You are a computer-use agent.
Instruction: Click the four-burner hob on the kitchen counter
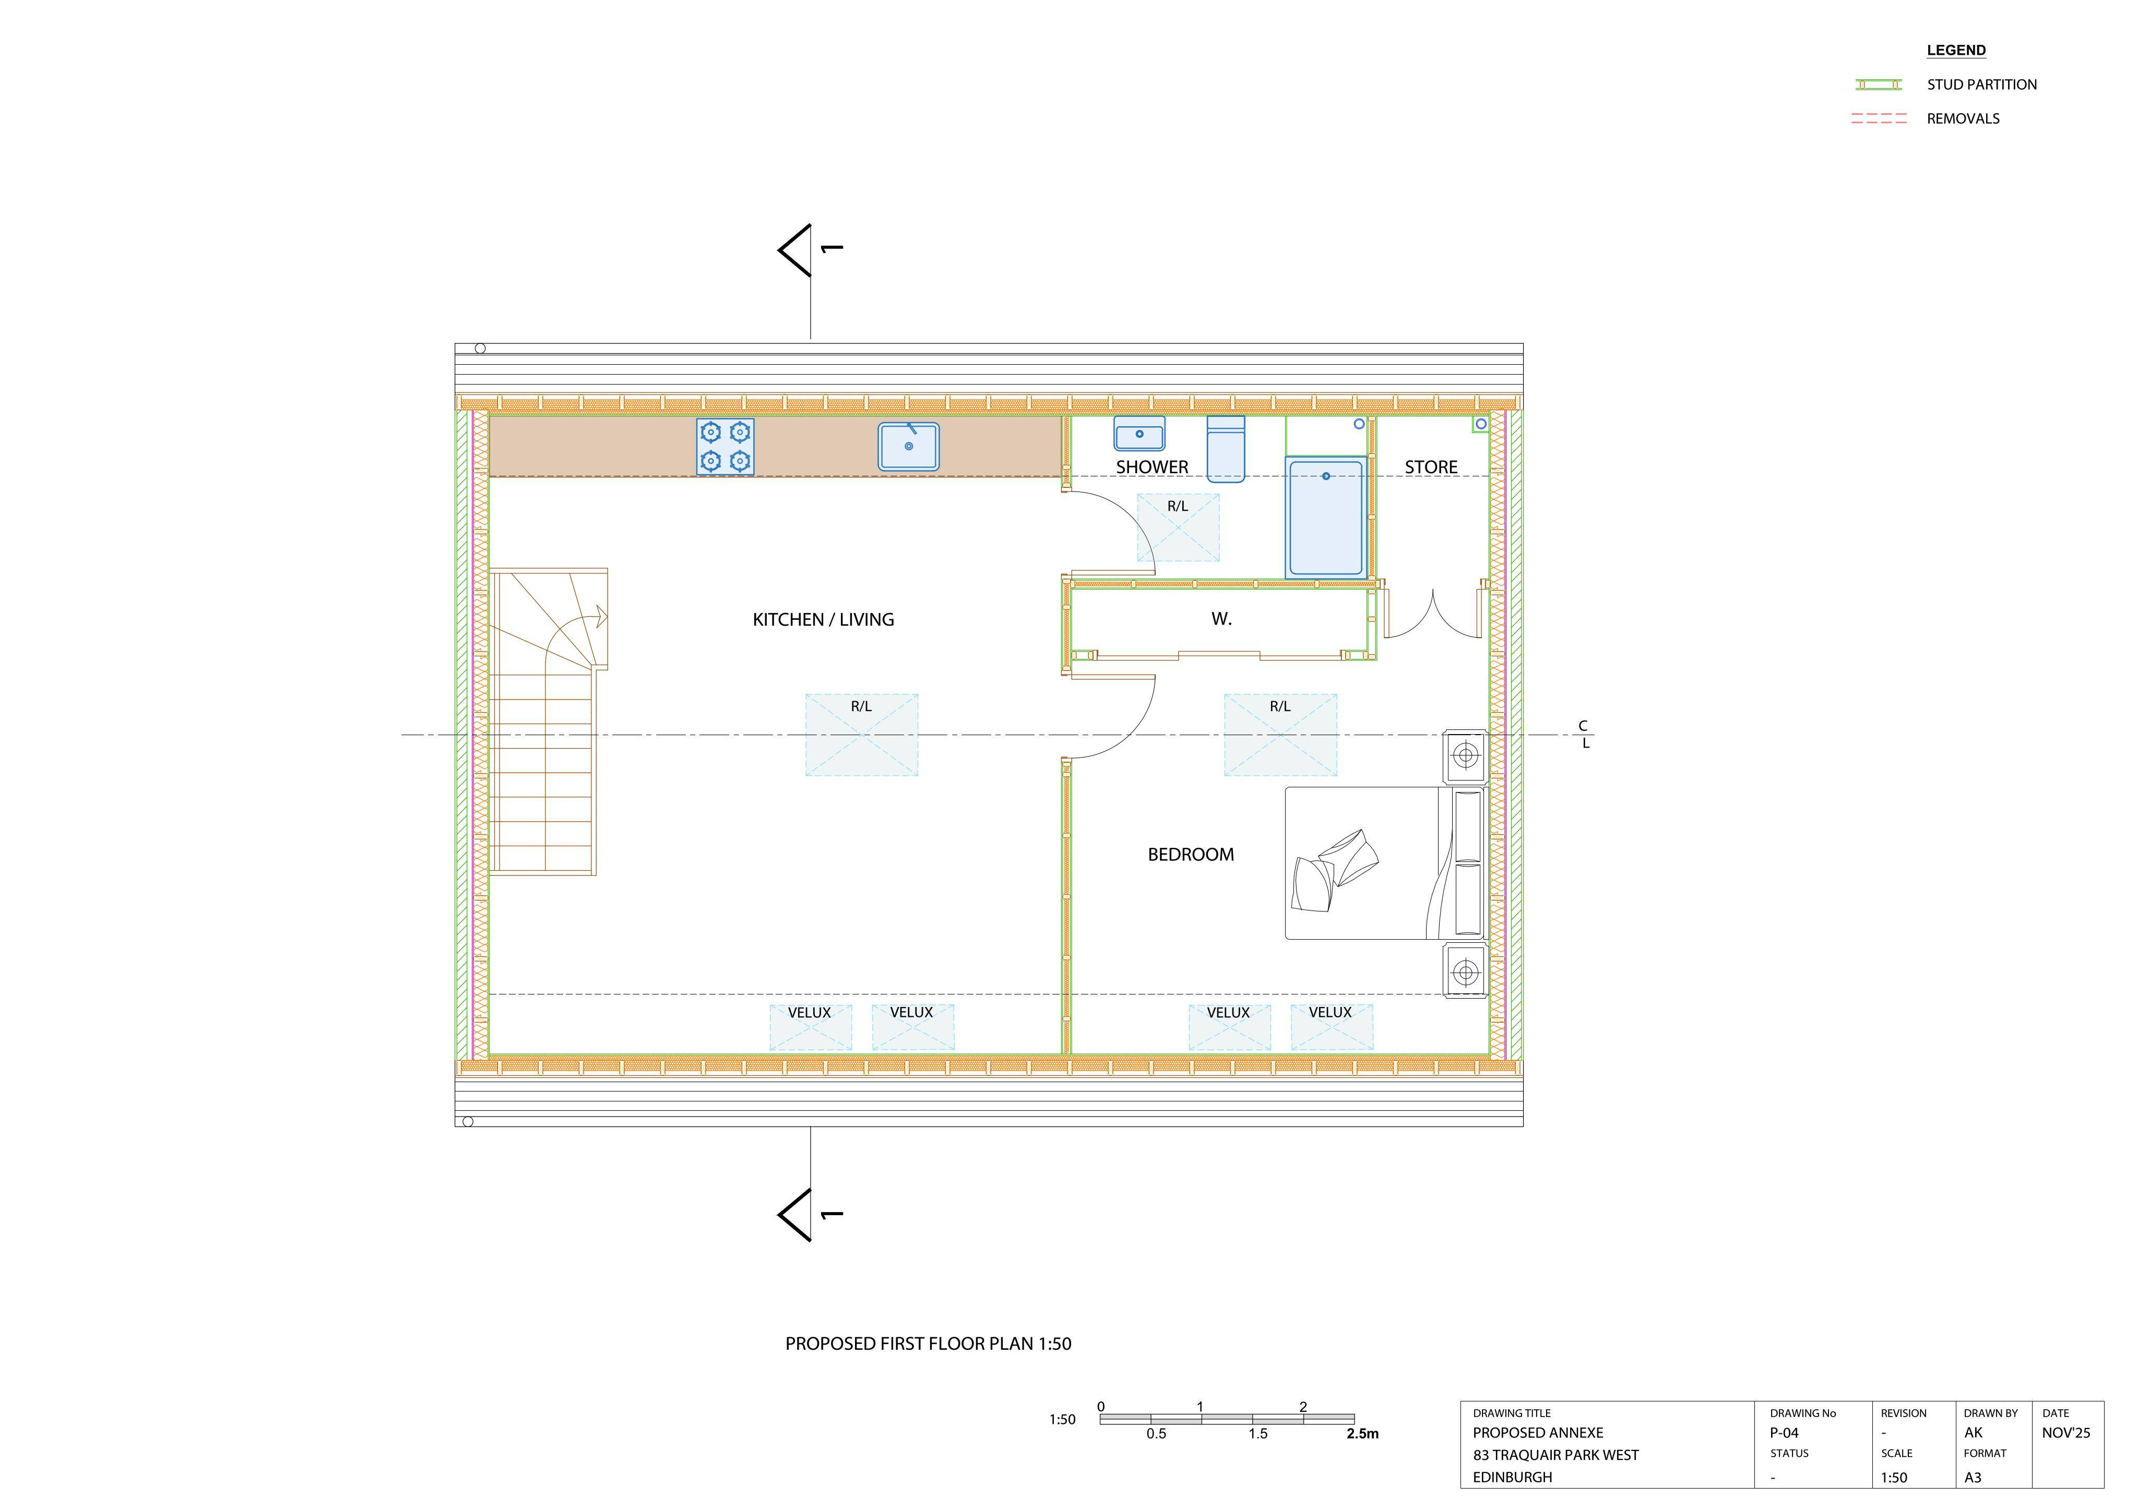click(726, 447)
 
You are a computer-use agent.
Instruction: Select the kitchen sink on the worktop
click(909, 446)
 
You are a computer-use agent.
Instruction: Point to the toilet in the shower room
click(1226, 449)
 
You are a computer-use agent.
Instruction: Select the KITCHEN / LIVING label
click(823, 620)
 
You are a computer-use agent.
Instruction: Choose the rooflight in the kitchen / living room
click(861, 735)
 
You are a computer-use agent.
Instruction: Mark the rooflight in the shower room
click(1178, 527)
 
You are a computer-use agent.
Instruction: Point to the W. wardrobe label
click(1222, 619)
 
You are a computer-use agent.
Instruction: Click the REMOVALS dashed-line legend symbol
click(1879, 118)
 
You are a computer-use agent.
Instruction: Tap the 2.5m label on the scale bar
click(1362, 1434)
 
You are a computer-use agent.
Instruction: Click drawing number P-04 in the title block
click(1784, 1433)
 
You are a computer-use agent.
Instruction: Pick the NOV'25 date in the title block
click(2066, 1433)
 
